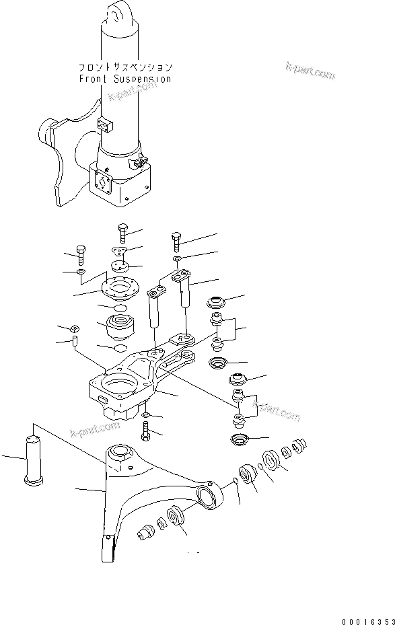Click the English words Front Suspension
click(x=124, y=79)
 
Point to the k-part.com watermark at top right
click(x=310, y=69)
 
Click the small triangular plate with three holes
click(x=120, y=251)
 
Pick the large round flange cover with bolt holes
click(x=118, y=288)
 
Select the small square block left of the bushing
click(x=75, y=328)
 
